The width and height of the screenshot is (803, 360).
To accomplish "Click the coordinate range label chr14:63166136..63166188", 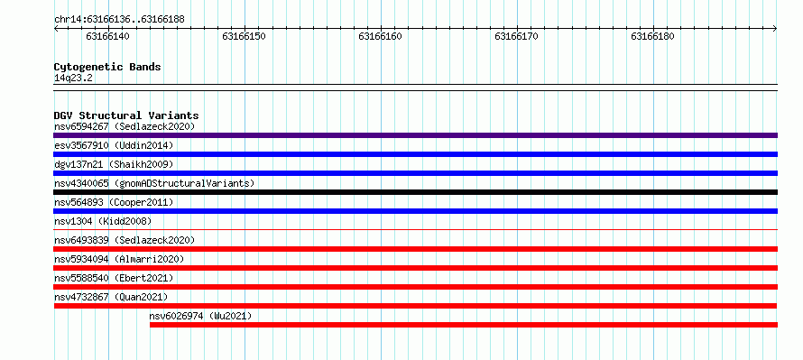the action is click(x=119, y=20).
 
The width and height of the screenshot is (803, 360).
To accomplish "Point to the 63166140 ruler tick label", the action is click(x=107, y=36).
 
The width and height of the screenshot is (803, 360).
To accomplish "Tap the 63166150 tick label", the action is click(x=244, y=36).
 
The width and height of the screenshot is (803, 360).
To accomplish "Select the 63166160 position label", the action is click(x=380, y=36).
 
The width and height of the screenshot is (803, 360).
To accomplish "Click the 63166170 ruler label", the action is click(x=516, y=36).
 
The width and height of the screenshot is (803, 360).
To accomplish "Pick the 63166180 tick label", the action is click(x=652, y=36).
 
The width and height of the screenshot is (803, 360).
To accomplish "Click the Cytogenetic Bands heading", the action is click(x=107, y=67).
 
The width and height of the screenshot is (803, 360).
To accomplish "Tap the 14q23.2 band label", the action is click(x=73, y=78).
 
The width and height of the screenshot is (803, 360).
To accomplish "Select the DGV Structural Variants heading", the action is click(x=126, y=115).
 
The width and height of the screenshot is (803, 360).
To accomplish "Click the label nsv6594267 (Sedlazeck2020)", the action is click(x=125, y=126).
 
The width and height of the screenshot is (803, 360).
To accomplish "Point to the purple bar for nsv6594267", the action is click(x=415, y=135).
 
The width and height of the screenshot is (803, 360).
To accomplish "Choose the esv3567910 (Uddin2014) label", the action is click(x=114, y=145).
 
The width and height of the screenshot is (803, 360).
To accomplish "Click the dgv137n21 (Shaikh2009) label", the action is click(x=114, y=164).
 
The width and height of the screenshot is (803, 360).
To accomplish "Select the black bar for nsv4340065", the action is click(x=415, y=192).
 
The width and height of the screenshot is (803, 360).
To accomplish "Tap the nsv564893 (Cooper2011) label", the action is click(x=114, y=202).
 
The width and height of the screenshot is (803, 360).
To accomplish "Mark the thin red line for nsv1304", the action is click(x=415, y=230).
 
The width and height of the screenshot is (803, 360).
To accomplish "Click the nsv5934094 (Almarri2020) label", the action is click(x=119, y=259).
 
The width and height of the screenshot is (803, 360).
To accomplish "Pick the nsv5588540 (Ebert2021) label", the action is click(x=114, y=278).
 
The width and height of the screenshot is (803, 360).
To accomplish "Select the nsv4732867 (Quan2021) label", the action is click(x=111, y=297).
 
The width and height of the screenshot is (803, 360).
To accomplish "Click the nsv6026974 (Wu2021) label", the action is click(x=200, y=316).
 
